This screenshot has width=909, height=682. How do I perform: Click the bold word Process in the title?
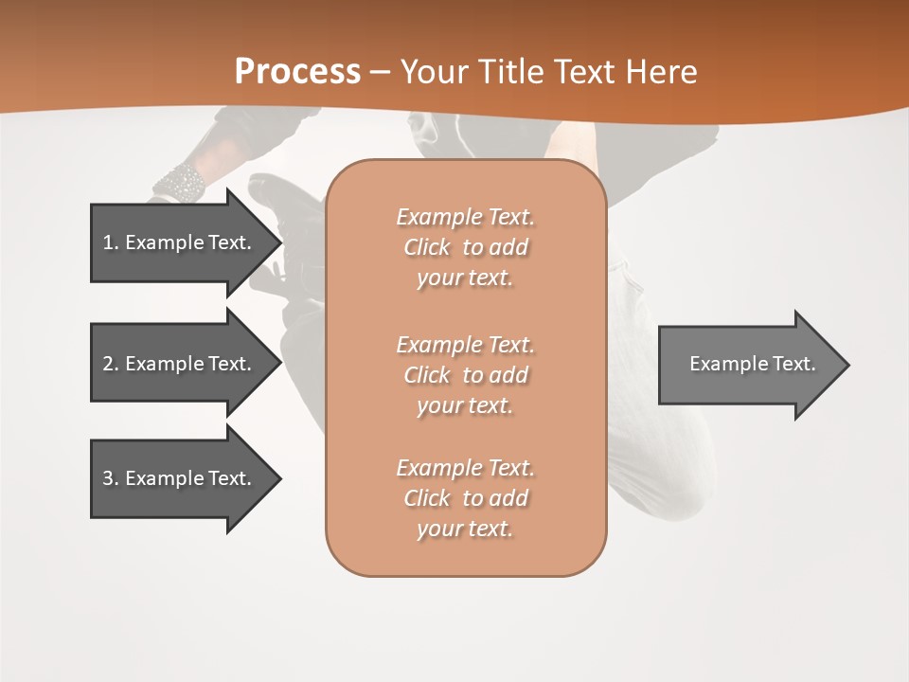(297, 72)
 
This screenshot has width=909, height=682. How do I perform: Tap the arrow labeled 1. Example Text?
(180, 242)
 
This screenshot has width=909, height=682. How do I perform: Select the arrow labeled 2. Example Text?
(180, 364)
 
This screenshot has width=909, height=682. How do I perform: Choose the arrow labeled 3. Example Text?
(180, 478)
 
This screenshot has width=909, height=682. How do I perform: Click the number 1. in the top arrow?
(110, 242)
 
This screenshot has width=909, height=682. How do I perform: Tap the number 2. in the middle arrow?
(110, 364)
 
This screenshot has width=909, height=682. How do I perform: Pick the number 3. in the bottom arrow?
(110, 478)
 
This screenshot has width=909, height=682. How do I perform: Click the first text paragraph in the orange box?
(465, 247)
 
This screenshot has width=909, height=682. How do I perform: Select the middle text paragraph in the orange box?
(465, 375)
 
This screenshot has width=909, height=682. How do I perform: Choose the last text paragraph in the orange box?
(465, 498)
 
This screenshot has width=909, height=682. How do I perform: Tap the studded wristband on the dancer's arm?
(180, 181)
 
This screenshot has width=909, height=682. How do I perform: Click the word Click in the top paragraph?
(426, 247)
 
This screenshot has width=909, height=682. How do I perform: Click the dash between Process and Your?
(381, 72)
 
